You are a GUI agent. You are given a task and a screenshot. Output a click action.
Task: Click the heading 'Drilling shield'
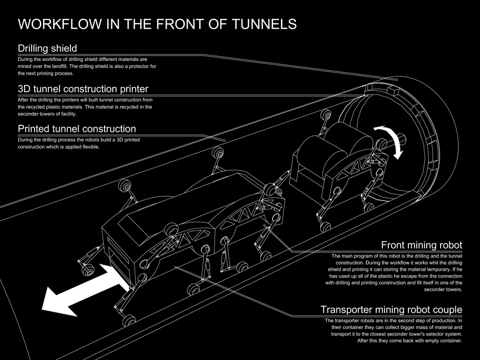tap(48, 48)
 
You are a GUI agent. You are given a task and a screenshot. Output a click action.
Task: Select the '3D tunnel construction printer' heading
tap(83, 89)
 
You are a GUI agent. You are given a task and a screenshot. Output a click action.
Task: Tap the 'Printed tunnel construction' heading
tap(77, 129)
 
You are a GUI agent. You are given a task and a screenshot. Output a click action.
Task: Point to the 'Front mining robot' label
tap(421, 245)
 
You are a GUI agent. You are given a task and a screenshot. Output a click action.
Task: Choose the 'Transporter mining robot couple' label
tap(391, 309)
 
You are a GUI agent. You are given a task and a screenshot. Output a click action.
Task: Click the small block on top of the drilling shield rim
tap(394, 90)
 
